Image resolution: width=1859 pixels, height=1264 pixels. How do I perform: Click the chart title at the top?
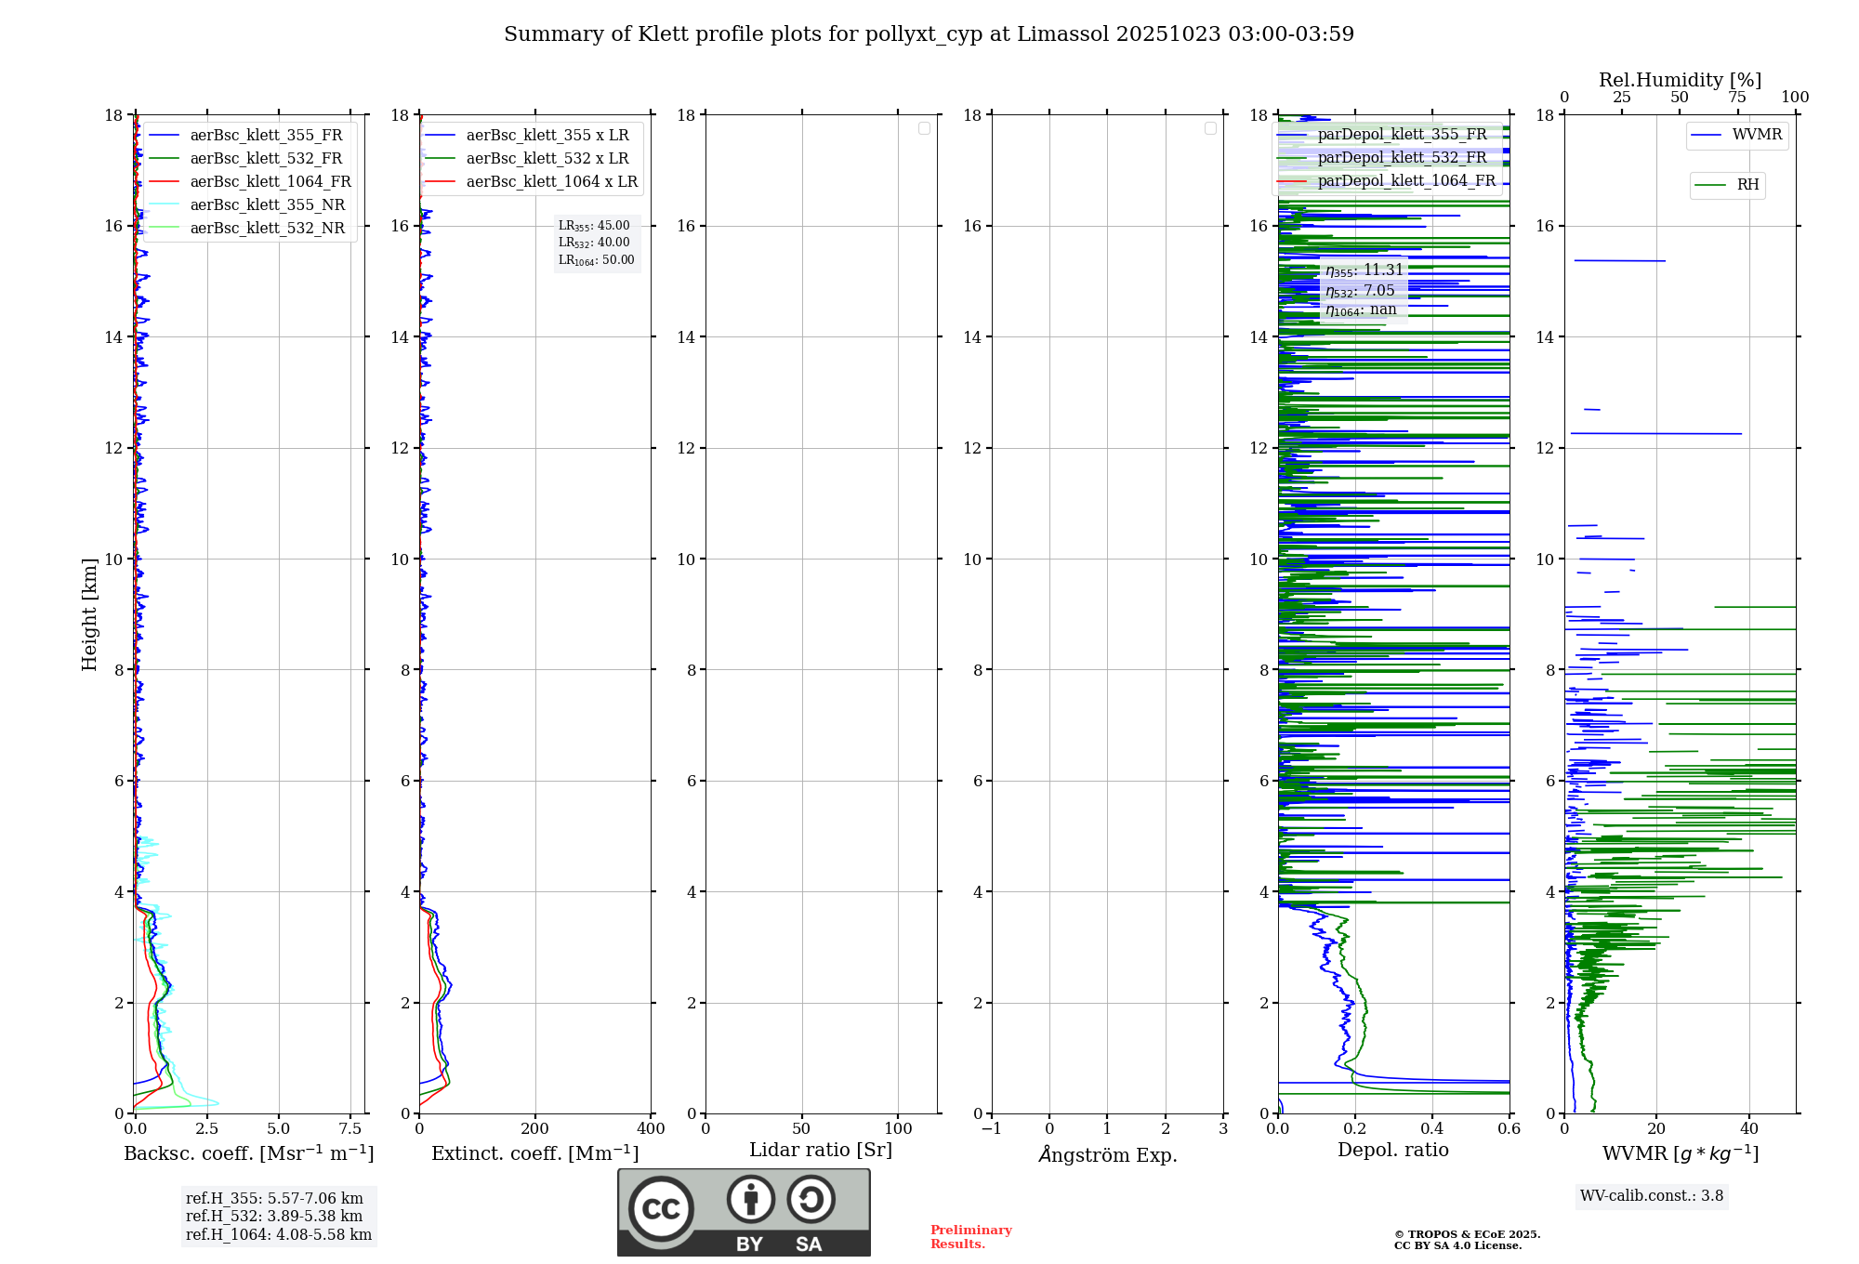(929, 34)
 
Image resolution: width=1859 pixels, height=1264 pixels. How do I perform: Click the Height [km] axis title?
(89, 613)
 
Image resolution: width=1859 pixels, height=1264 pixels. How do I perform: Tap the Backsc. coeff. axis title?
(249, 1153)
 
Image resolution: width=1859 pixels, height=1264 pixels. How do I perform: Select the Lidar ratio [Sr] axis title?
(821, 1151)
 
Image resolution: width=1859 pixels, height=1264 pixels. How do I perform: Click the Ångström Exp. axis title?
(1108, 1155)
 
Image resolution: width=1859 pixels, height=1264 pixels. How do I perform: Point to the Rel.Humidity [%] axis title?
(1680, 80)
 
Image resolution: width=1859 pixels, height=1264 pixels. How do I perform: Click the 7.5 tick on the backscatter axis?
(350, 1129)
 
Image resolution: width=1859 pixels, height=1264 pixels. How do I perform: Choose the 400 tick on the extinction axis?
(651, 1129)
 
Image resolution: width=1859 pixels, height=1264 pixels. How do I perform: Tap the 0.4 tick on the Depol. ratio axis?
(1432, 1129)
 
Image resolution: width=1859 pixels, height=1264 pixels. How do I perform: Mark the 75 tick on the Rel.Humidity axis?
(1736, 98)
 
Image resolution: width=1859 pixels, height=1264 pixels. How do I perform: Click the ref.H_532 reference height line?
(274, 1217)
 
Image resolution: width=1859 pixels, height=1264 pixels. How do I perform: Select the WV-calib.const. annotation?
(1652, 1196)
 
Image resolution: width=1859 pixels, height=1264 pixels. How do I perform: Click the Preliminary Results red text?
(970, 1237)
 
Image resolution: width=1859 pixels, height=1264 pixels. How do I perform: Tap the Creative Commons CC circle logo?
(661, 1208)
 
